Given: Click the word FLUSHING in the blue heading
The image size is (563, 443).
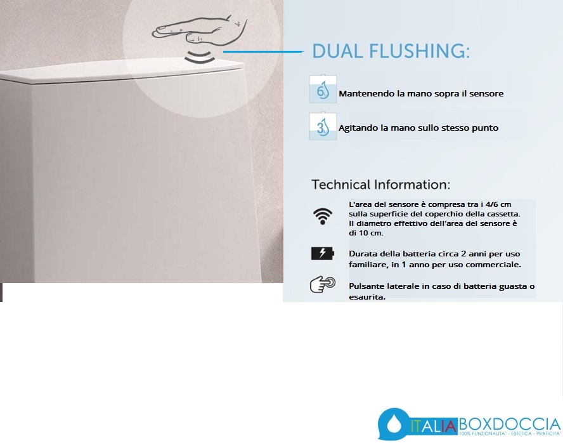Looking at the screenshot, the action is pyautogui.click(x=419, y=51).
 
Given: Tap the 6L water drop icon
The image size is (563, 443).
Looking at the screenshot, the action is pyautogui.click(x=323, y=89).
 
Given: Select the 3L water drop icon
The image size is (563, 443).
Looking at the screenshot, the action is pyautogui.click(x=323, y=126).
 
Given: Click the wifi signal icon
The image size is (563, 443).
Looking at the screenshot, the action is pyautogui.click(x=323, y=216).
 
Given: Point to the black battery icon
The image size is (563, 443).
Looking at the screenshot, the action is pyautogui.click(x=323, y=253).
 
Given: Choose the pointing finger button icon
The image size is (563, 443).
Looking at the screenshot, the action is pyautogui.click(x=323, y=284).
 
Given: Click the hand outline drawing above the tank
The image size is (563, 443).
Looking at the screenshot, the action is pyautogui.click(x=200, y=32).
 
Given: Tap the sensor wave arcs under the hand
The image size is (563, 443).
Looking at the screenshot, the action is pyautogui.click(x=200, y=58).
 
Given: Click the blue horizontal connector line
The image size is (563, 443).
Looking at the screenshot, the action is pyautogui.click(x=263, y=51).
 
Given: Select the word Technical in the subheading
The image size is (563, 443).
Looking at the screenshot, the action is pyautogui.click(x=340, y=184).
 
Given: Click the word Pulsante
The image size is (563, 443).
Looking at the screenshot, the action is pyautogui.click(x=366, y=286).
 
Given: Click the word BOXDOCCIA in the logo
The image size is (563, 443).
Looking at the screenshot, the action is pyautogui.click(x=510, y=425).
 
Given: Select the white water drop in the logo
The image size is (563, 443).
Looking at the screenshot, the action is pyautogui.click(x=394, y=424).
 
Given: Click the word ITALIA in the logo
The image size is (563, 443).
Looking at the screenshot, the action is pyautogui.click(x=434, y=426).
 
